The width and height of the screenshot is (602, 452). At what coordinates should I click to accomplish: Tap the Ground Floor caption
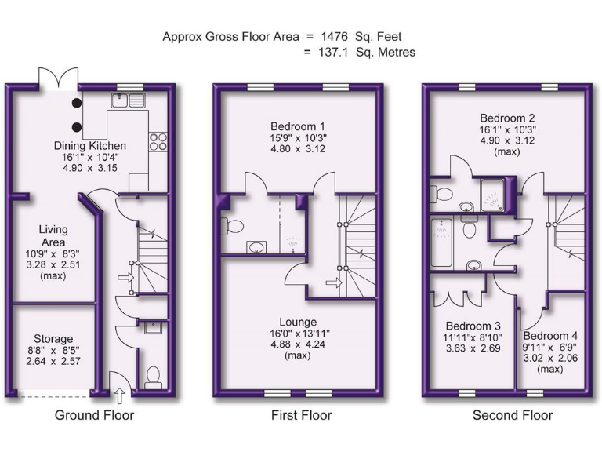(x=94, y=415)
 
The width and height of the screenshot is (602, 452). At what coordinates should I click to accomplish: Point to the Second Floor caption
(x=513, y=415)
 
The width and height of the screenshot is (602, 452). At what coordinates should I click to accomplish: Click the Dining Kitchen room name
(x=89, y=146)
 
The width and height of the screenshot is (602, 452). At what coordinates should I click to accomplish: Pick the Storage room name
(x=53, y=338)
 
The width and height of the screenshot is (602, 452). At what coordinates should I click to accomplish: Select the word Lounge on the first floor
(x=298, y=322)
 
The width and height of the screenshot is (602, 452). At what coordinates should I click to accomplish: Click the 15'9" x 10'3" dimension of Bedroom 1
(x=298, y=138)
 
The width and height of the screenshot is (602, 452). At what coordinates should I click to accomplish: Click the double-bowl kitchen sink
(x=129, y=100)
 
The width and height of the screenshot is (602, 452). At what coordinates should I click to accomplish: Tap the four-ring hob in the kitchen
(x=159, y=141)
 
